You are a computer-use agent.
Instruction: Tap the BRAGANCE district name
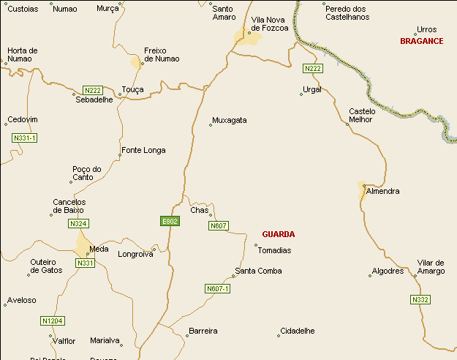421,41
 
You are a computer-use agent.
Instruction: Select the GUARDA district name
278,234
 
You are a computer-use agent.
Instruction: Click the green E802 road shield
169,221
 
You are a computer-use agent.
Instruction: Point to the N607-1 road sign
217,289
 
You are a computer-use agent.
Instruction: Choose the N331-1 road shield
24,138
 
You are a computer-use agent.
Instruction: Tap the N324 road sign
78,223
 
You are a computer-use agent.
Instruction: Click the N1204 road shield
53,320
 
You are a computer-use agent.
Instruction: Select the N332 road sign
420,300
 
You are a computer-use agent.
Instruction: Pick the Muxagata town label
229,120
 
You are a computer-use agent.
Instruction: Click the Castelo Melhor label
362,116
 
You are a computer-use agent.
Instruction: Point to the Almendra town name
383,191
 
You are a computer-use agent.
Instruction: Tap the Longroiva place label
135,255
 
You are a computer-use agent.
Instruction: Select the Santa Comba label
258,271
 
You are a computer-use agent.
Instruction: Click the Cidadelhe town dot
279,336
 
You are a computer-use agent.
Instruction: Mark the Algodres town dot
370,275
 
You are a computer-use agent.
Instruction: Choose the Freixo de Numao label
162,55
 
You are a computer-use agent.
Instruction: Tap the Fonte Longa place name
143,150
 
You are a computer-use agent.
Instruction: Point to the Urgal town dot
301,94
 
